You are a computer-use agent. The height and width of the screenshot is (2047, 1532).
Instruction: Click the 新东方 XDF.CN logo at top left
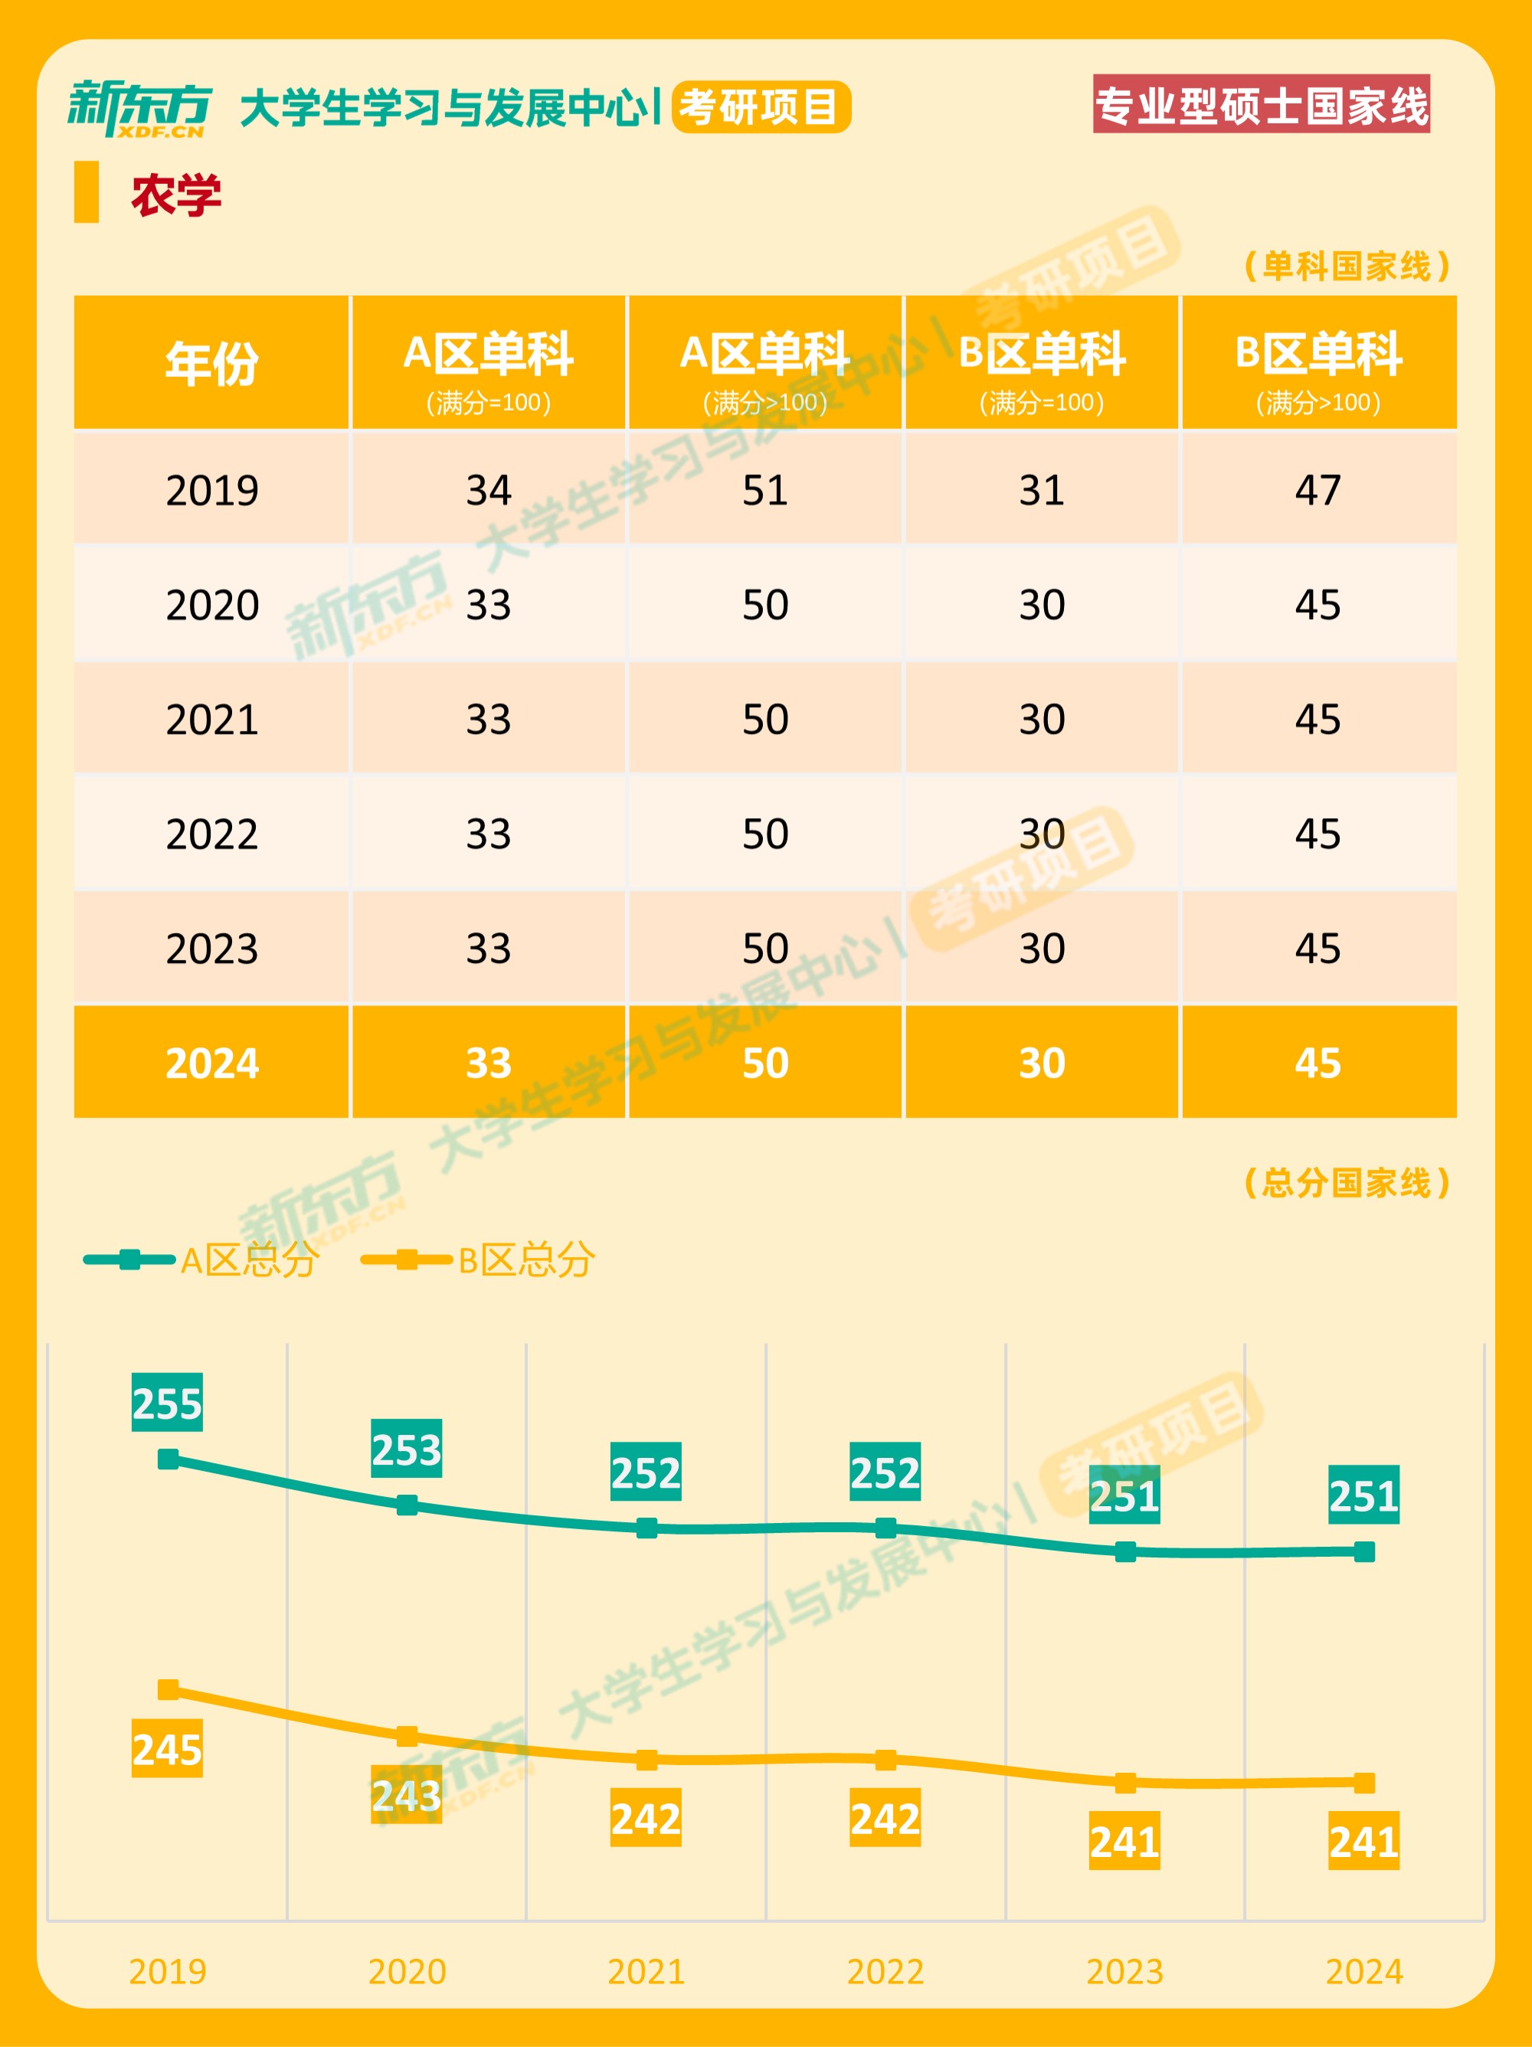click(x=139, y=108)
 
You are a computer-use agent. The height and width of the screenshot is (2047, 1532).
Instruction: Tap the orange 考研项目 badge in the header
click(x=761, y=107)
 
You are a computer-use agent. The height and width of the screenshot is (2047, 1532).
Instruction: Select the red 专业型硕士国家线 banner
click(x=1261, y=104)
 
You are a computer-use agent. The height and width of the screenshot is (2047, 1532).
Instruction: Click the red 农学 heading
click(x=175, y=195)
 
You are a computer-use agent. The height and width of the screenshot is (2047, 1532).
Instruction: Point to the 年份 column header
click(x=212, y=363)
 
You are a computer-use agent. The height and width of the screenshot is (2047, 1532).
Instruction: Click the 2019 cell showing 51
click(x=765, y=490)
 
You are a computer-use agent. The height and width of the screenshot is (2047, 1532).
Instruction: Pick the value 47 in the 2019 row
click(x=1318, y=490)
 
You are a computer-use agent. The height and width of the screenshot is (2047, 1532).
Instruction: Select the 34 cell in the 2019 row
click(x=489, y=490)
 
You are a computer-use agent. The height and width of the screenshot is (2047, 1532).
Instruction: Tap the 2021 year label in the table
click(x=212, y=719)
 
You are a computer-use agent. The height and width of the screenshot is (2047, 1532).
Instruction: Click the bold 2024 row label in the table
click(x=212, y=1063)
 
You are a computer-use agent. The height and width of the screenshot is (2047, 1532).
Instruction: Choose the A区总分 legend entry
click(x=201, y=1259)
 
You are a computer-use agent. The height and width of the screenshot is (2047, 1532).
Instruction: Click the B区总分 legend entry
click(x=478, y=1259)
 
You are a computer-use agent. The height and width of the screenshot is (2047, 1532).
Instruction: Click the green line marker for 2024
click(x=1363, y=1552)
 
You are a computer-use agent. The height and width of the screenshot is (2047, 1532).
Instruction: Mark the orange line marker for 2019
click(x=169, y=1690)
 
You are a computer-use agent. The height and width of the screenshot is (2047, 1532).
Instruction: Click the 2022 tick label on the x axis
click(x=885, y=1972)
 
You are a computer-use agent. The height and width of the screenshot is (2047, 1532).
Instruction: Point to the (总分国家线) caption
click(x=1346, y=1183)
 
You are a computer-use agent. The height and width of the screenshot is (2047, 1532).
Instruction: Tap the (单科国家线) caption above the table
click(x=1346, y=267)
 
